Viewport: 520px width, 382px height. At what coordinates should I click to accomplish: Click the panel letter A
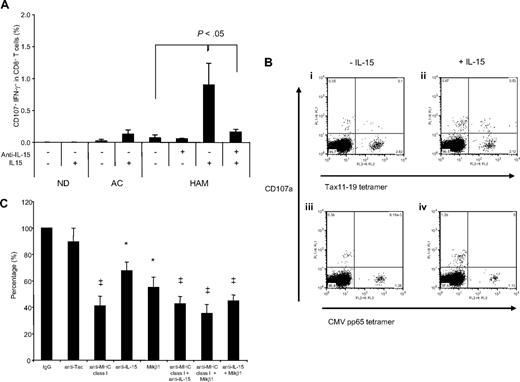click(7, 7)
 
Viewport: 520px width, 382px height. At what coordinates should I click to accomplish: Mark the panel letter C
click(7, 197)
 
